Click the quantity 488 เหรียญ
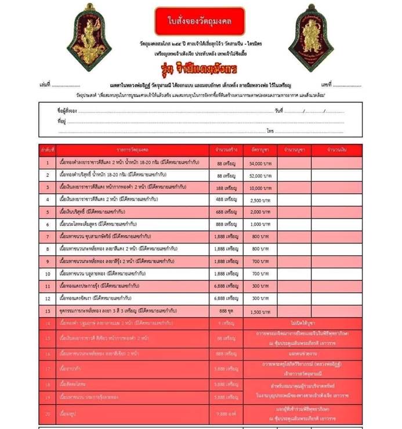click(225, 200)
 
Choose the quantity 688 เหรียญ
click(225, 212)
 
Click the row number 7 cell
click(48, 237)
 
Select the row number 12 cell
click(48, 299)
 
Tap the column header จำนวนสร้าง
click(225, 150)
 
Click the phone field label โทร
click(270, 132)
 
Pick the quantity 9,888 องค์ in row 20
click(225, 414)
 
